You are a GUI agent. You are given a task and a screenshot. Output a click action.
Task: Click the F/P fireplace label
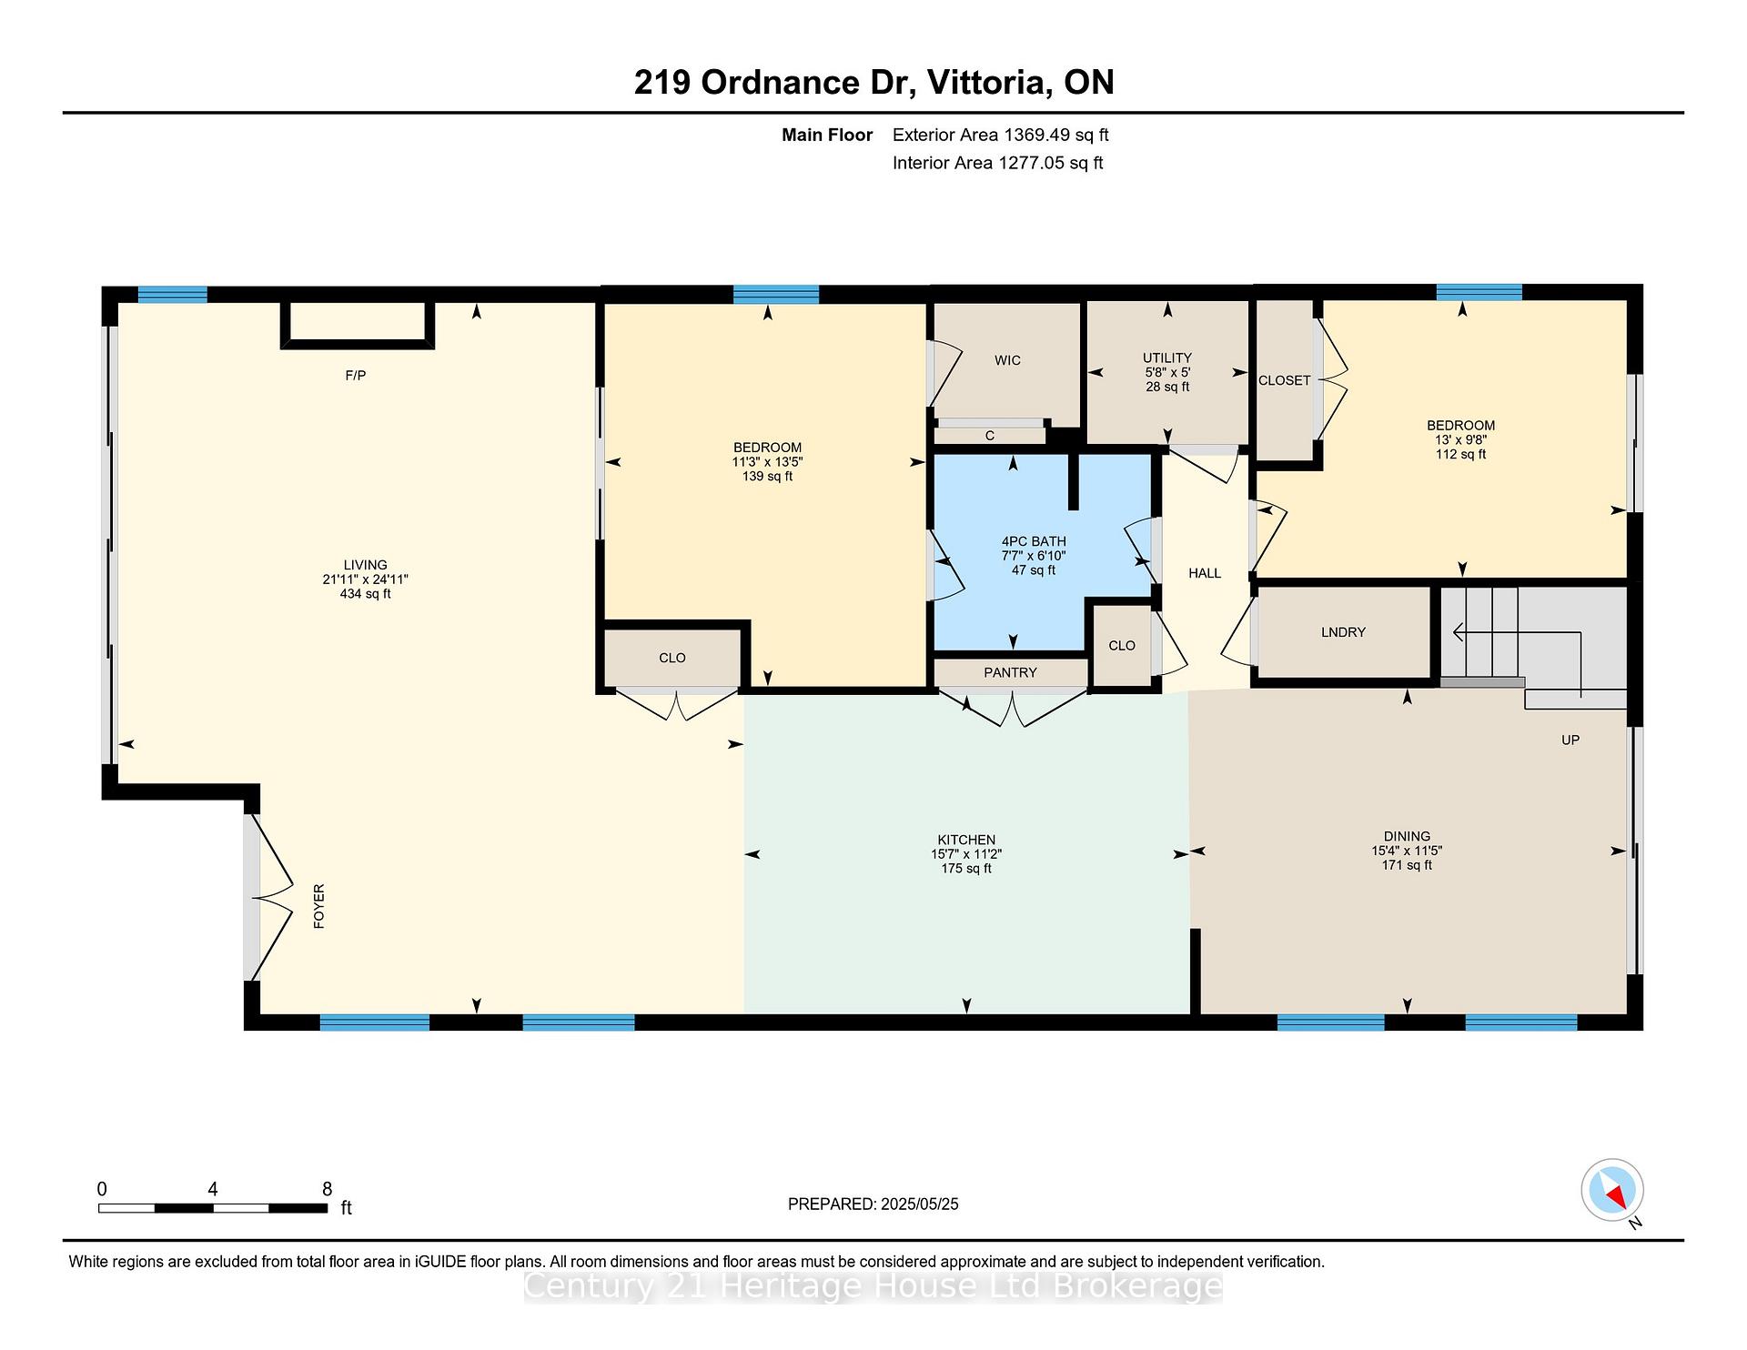tap(355, 376)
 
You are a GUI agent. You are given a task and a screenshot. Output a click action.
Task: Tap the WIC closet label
tap(1007, 360)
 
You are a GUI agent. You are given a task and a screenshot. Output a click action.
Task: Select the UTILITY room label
tap(1167, 358)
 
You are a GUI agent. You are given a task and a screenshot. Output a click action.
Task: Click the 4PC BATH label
tap(1034, 541)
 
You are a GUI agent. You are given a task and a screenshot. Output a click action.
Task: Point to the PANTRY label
tap(1010, 672)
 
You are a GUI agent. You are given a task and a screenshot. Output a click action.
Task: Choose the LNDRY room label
tap(1343, 632)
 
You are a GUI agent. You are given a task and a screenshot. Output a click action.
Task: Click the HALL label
tap(1205, 573)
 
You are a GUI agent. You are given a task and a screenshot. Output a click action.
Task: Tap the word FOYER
tap(318, 906)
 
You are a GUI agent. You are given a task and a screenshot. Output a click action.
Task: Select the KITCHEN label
tap(966, 840)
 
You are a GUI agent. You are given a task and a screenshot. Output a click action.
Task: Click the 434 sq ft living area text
tap(365, 594)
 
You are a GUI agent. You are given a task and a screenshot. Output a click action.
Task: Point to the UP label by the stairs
tap(1570, 740)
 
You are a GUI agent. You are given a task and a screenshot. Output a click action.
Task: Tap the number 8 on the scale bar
tap(328, 1189)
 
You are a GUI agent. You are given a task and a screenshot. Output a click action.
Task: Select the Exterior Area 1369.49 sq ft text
tap(1001, 135)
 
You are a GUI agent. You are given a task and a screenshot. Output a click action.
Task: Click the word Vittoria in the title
tap(985, 83)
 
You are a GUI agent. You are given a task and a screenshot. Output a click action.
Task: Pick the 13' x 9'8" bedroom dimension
tap(1460, 439)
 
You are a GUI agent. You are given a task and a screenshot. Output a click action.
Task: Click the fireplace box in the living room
tap(358, 325)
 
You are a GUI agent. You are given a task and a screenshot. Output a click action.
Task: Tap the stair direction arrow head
tap(1459, 632)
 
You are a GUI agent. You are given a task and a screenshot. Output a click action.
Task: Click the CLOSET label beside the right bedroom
tap(1285, 380)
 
